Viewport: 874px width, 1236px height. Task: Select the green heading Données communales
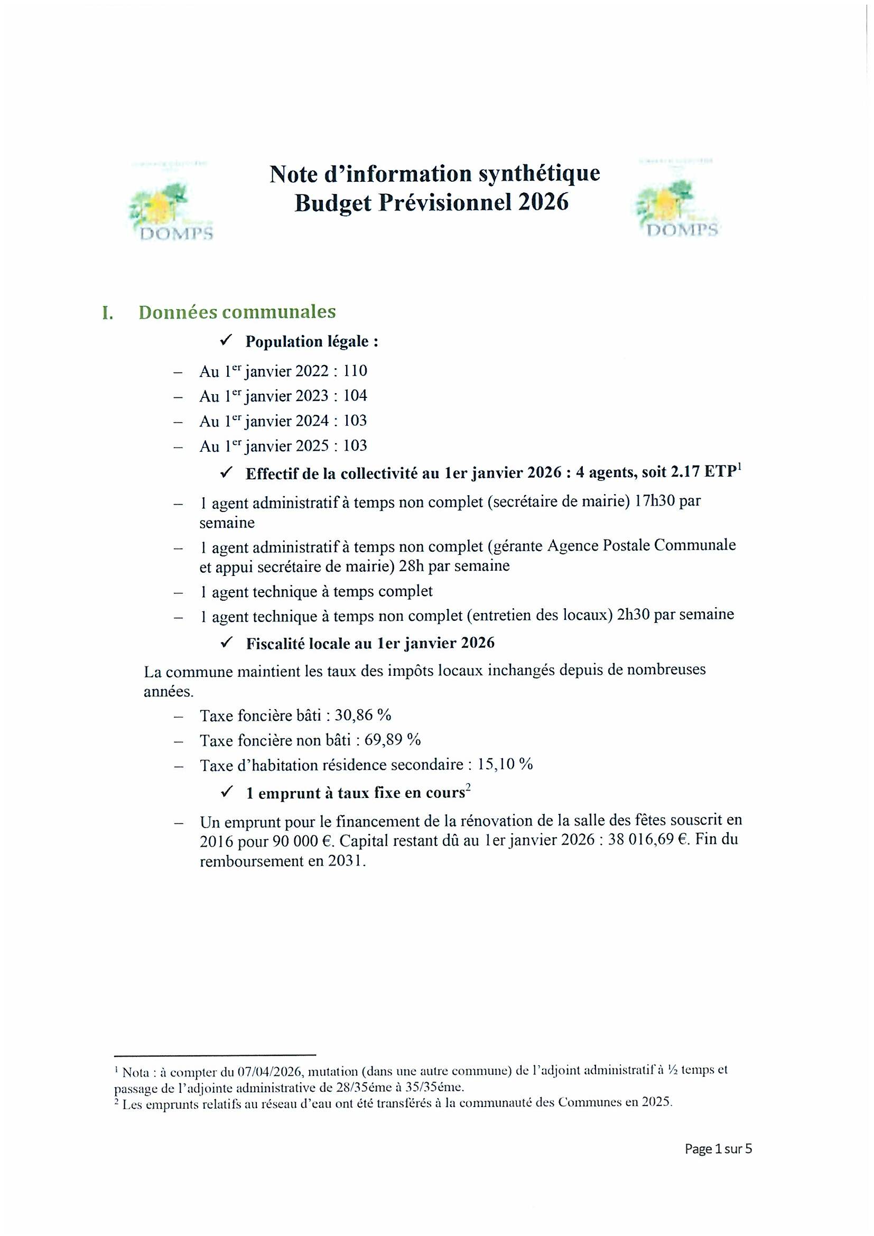237,312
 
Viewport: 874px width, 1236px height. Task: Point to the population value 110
355,371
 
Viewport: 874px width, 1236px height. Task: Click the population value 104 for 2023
355,396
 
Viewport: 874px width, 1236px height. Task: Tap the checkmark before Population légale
226,341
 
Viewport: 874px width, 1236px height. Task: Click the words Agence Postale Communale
641,545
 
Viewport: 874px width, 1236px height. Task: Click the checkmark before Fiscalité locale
227,643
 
